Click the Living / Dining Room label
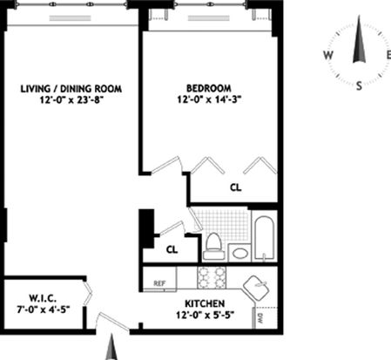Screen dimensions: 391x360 point(71,89)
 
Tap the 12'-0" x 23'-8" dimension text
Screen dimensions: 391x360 point(71,100)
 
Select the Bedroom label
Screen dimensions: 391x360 point(209,88)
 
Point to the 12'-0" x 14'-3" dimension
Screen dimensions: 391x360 point(209,99)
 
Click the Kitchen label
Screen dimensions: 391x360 point(205,303)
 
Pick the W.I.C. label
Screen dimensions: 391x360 point(43,298)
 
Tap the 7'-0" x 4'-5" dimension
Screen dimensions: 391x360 point(44,309)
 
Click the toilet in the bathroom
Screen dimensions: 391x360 point(213,246)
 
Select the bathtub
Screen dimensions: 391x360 point(264,238)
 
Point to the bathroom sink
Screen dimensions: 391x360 point(240,253)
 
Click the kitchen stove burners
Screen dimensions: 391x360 point(212,277)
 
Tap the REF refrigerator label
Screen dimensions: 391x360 point(159,283)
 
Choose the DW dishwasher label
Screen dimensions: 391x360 point(260,319)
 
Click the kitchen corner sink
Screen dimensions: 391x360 point(256,289)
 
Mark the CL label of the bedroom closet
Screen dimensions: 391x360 point(235,187)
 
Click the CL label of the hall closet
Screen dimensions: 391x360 point(172,249)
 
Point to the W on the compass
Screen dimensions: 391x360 point(328,55)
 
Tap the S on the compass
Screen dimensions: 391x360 point(359,85)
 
